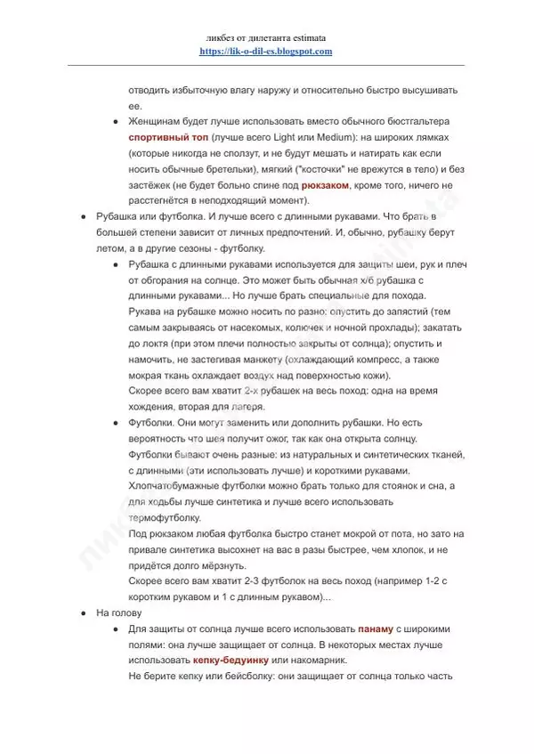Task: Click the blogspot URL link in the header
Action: coord(266,52)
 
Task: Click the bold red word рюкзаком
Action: coord(326,184)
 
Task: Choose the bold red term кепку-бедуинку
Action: coord(231,660)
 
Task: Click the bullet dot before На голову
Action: coord(84,613)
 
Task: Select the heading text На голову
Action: coord(117,613)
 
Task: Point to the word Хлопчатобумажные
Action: coord(178,485)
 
